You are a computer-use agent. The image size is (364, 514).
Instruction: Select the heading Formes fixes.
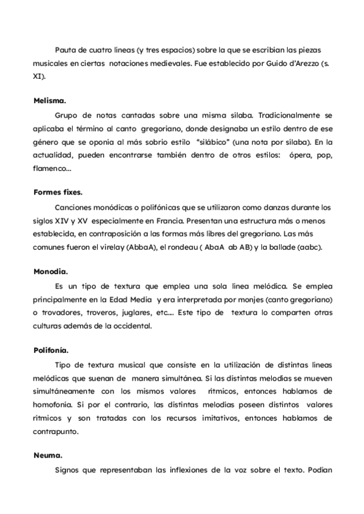click(58, 192)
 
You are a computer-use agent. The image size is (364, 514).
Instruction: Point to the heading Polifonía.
click(51, 350)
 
